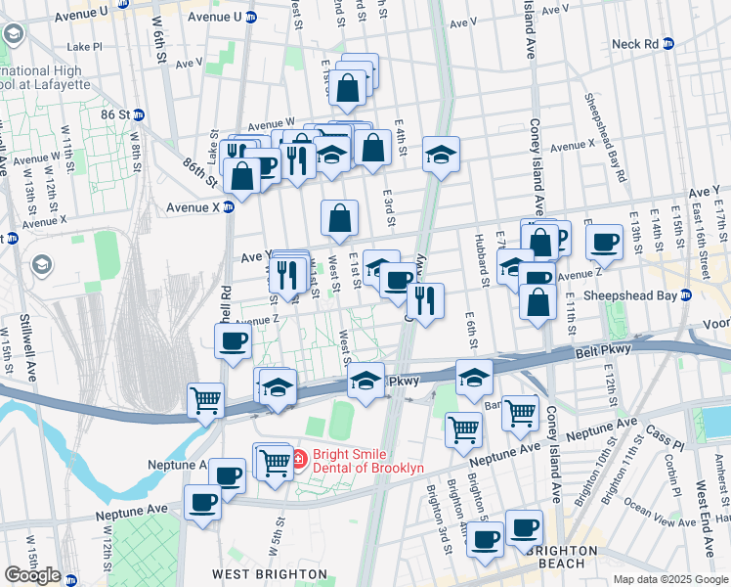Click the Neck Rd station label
[x=635, y=44]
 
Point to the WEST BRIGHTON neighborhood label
[x=271, y=573]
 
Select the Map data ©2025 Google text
[x=669, y=579]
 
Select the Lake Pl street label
[x=84, y=46]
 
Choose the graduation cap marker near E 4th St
[x=441, y=152]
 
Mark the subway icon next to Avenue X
[x=228, y=206]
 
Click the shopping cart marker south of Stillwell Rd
[x=206, y=399]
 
